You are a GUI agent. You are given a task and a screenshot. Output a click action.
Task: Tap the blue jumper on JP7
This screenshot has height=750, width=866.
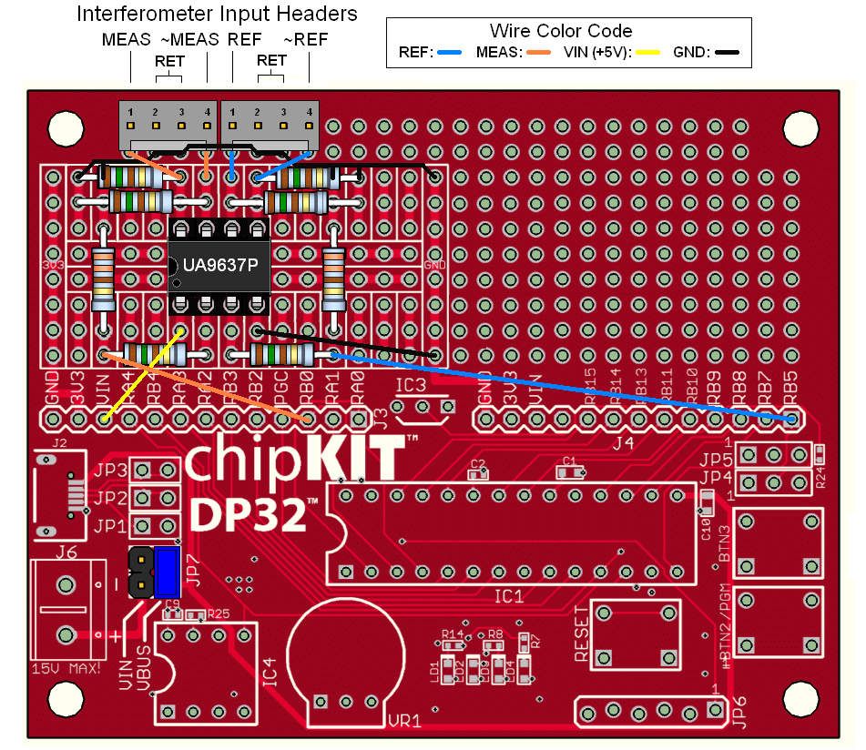pyautogui.click(x=168, y=573)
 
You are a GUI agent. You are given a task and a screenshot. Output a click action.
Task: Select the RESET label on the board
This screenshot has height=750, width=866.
pyautogui.click(x=582, y=642)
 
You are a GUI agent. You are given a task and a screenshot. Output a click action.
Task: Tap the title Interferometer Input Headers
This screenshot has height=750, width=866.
pyautogui.click(x=217, y=15)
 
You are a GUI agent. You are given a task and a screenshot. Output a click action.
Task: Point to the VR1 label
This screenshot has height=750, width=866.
pyautogui.click(x=404, y=721)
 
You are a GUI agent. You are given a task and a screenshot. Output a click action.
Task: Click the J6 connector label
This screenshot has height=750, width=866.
pyautogui.click(x=66, y=551)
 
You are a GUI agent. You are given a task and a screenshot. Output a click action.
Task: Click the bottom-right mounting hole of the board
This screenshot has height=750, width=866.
pyautogui.click(x=802, y=699)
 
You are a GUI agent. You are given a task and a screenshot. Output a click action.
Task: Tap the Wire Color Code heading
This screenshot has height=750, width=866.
pyautogui.click(x=561, y=31)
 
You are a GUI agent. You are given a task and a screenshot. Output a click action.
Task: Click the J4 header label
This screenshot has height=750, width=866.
pyautogui.click(x=623, y=442)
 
